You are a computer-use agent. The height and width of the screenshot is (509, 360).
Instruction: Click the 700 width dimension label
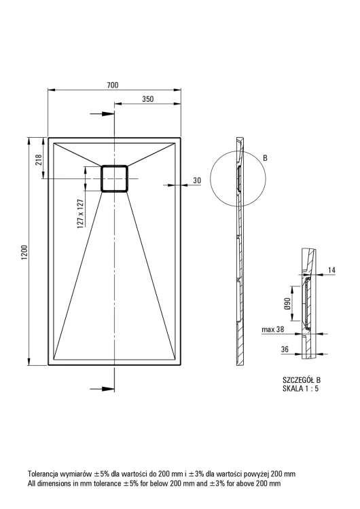point(113,85)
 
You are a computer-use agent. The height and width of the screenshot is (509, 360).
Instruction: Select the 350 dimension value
point(148,99)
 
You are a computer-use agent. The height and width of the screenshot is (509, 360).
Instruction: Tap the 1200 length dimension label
point(24,252)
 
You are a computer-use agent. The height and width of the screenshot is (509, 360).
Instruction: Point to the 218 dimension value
point(38,159)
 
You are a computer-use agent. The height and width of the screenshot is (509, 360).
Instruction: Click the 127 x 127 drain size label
point(81,214)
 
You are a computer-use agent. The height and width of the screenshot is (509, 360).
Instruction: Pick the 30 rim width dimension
point(197,181)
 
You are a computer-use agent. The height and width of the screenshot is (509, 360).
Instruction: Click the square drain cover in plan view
point(114,178)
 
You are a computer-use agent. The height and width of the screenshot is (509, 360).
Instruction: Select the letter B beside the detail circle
point(265,158)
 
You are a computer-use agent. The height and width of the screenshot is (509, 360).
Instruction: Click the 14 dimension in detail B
point(331,269)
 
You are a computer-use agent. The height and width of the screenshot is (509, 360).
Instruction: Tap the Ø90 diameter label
point(287,303)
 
